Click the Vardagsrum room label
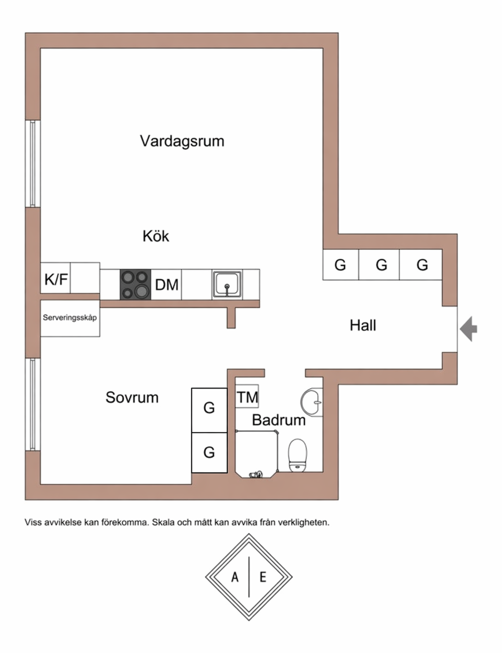click(x=182, y=141)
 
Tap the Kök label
click(x=156, y=236)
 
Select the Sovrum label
click(x=132, y=397)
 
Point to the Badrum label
click(x=278, y=420)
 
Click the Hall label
click(x=363, y=325)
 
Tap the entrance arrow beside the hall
click(x=468, y=329)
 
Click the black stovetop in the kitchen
click(x=135, y=284)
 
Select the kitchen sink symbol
click(x=227, y=284)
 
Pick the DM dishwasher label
click(x=167, y=284)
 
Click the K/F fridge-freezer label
click(x=56, y=279)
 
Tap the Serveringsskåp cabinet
click(x=70, y=318)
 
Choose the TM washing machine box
click(x=247, y=397)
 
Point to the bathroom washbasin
click(x=312, y=401)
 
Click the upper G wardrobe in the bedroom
click(x=209, y=408)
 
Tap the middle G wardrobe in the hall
click(x=381, y=264)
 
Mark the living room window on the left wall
click(x=33, y=163)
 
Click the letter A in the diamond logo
click(x=235, y=577)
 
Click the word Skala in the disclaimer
click(x=163, y=522)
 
